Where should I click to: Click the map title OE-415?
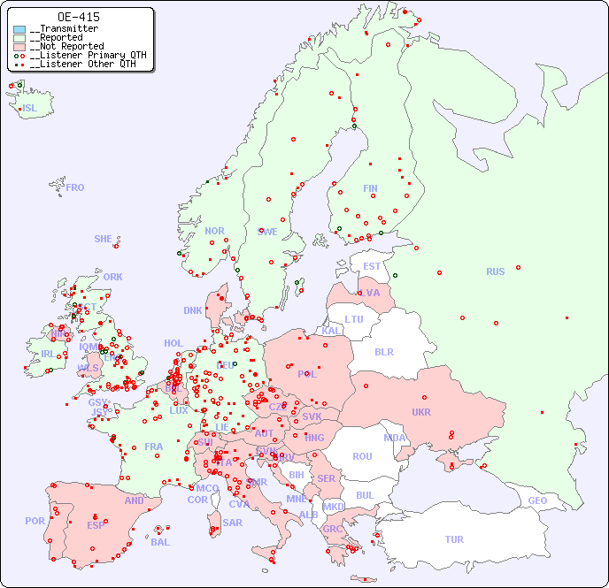[78, 17]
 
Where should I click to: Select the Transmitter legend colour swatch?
[19, 29]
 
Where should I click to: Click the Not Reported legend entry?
[66, 46]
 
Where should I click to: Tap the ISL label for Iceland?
[29, 109]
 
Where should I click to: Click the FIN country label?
[370, 188]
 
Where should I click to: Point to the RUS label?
[495, 271]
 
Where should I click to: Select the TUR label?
[454, 539]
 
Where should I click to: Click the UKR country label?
[420, 412]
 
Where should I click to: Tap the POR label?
[35, 521]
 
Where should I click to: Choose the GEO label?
[537, 500]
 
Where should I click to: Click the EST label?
[372, 266]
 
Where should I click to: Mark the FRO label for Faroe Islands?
[75, 187]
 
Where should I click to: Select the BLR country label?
[383, 351]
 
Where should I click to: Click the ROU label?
[362, 456]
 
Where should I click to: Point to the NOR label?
[214, 231]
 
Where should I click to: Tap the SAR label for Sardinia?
[232, 523]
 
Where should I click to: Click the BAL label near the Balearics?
[160, 542]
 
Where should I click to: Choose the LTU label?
[354, 319]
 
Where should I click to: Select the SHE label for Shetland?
[104, 239]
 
